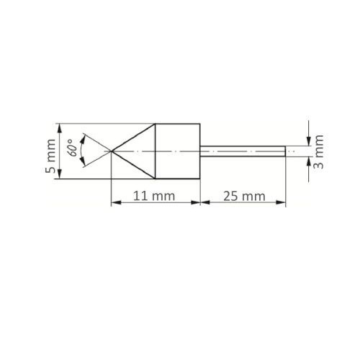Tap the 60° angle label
click(71, 150)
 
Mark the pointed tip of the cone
click(111, 150)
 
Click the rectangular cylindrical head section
click(178, 150)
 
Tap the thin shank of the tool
click(242, 150)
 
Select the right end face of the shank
click(286, 150)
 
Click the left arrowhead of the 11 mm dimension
click(114, 204)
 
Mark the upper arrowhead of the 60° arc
click(85, 136)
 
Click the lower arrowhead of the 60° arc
click(85, 165)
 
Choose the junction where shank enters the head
click(199, 150)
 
